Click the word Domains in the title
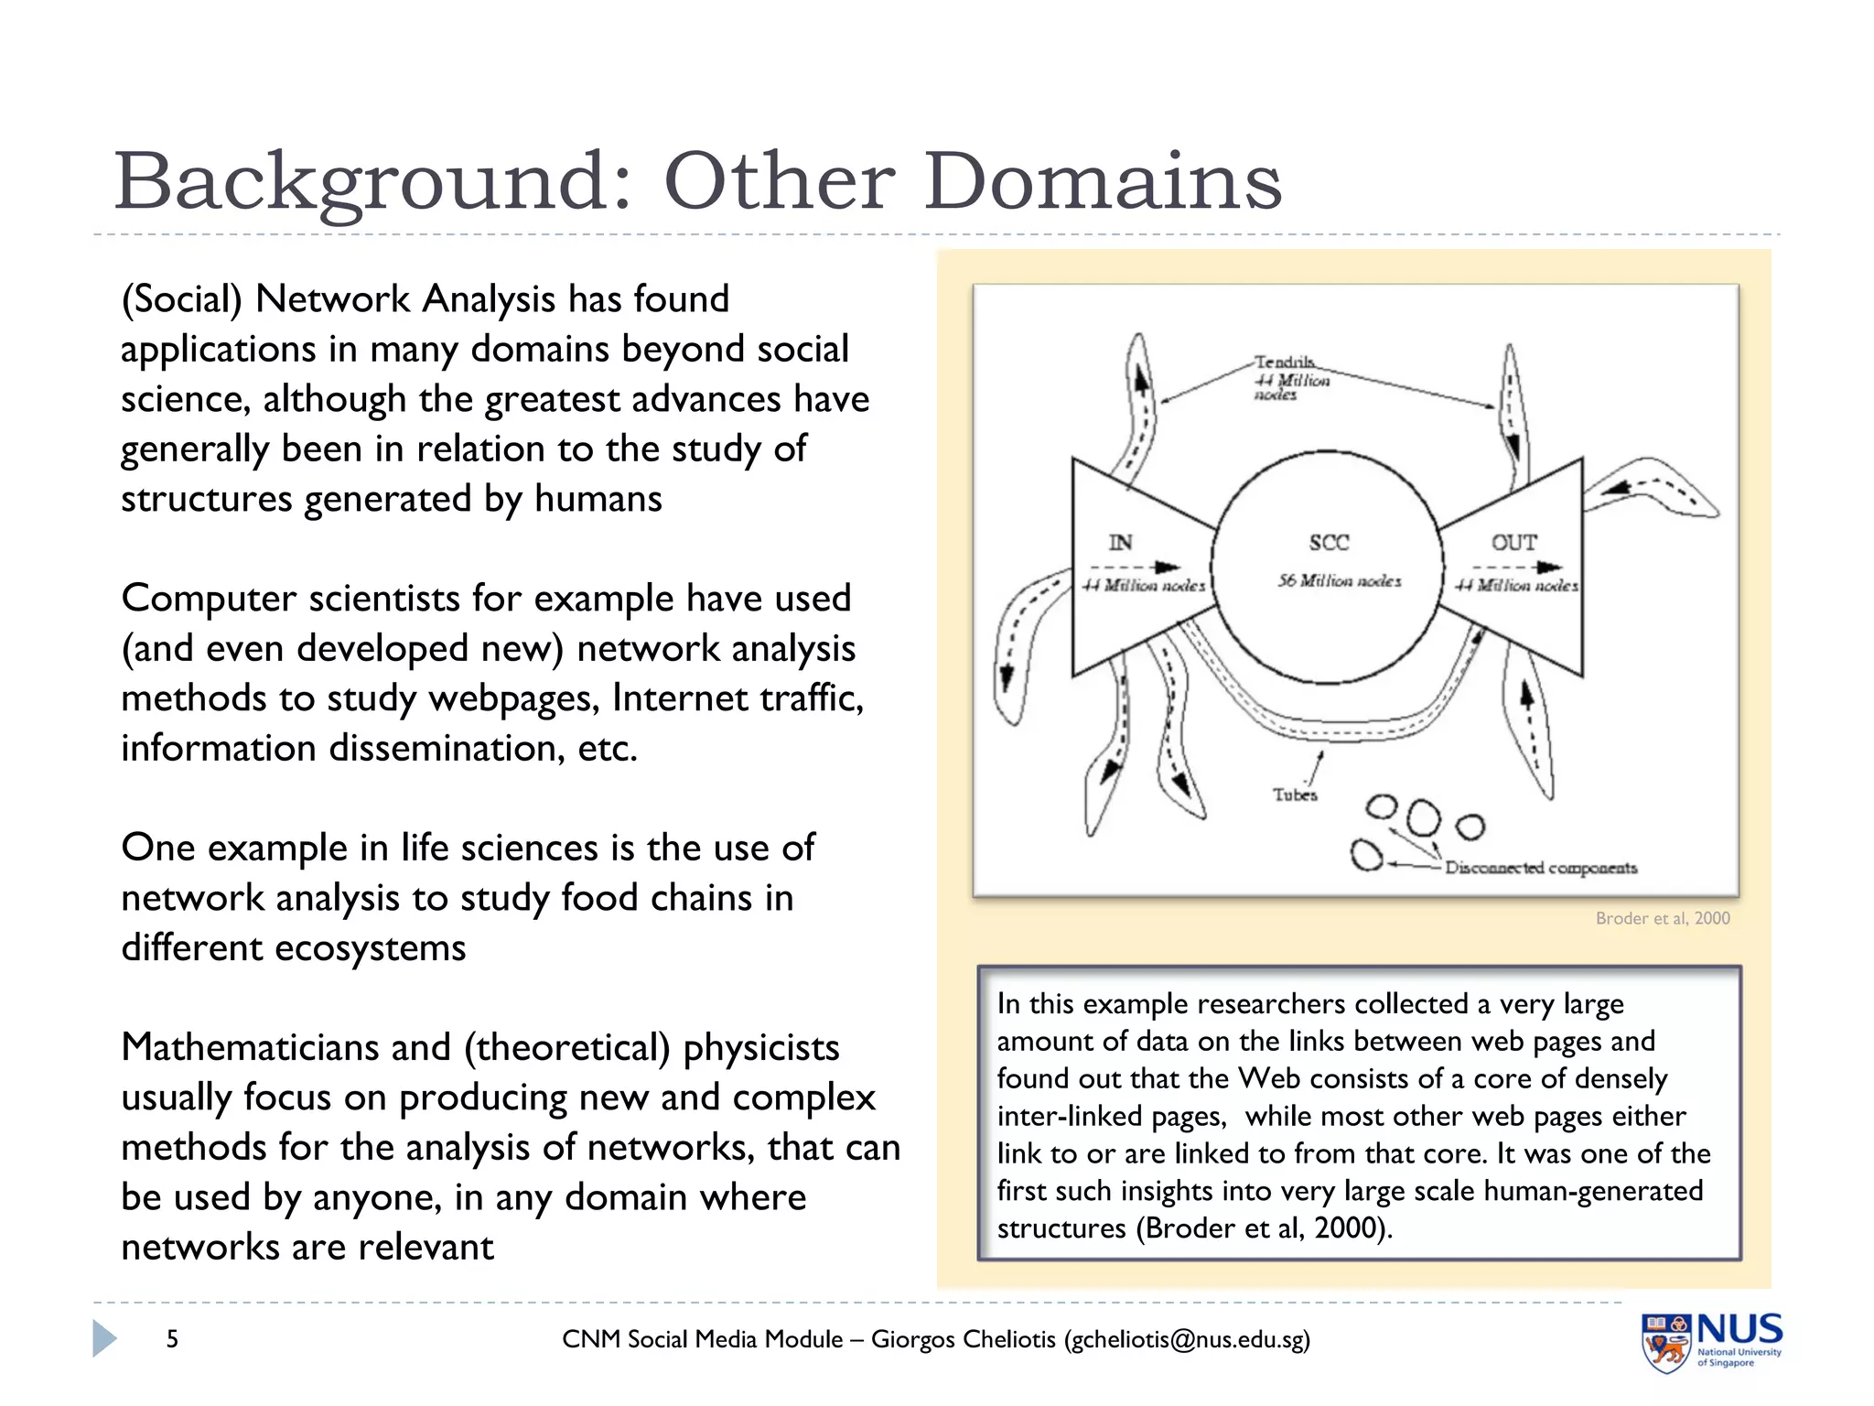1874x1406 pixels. pyautogui.click(x=1103, y=181)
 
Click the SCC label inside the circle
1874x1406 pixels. pyautogui.click(x=1329, y=543)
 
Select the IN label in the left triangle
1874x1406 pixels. pyautogui.click(x=1120, y=543)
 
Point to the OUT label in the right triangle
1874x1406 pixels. pyautogui.click(x=1514, y=543)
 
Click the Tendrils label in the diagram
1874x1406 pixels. pyautogui.click(x=1284, y=362)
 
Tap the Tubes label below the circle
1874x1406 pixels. pyautogui.click(x=1295, y=795)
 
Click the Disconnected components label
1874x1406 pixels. pyautogui.click(x=1541, y=867)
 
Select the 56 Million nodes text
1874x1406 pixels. pyautogui.click(x=1340, y=580)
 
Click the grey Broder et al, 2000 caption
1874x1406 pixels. pyautogui.click(x=1663, y=918)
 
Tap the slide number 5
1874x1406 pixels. pyautogui.click(x=172, y=1339)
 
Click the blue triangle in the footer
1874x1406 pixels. pyautogui.click(x=104, y=1338)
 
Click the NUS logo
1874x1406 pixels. pyautogui.click(x=1711, y=1341)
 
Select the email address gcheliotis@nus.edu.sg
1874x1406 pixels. pyautogui.click(x=1187, y=1339)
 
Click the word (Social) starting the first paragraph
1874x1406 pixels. pyautogui.click(x=181, y=299)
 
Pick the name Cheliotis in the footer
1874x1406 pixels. pyautogui.click(x=1009, y=1339)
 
